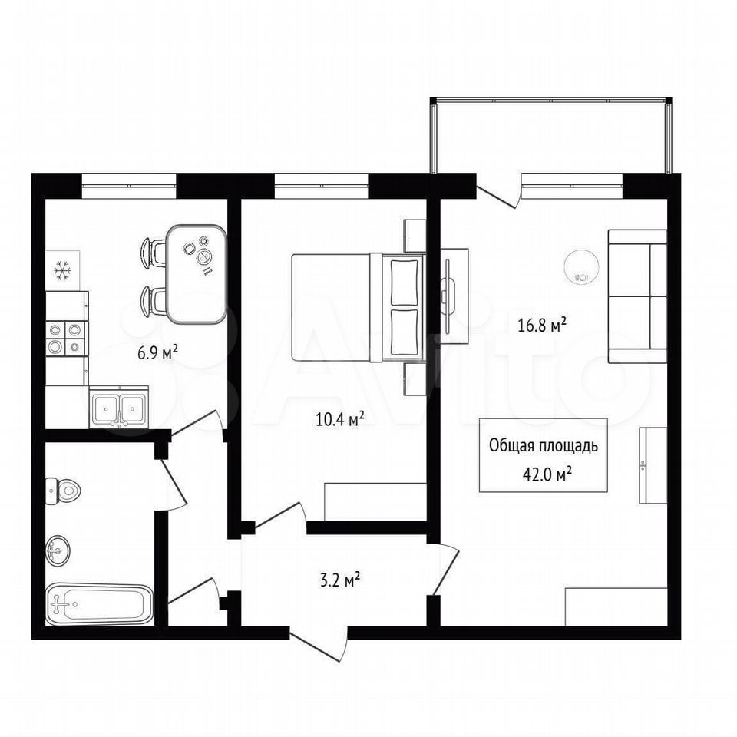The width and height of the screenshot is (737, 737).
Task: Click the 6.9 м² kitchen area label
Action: point(158,352)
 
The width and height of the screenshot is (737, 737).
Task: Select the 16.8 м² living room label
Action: point(541,326)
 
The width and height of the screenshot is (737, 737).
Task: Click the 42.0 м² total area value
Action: point(547,474)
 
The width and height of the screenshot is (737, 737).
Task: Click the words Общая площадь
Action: point(544,445)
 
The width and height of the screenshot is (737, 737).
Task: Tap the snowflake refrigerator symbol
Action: point(61,271)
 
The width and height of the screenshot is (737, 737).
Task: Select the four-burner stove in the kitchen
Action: point(67,339)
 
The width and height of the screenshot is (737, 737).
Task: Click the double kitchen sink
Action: point(119,407)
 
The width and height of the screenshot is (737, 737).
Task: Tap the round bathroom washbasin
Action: point(58,550)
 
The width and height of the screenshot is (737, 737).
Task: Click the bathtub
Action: point(100,604)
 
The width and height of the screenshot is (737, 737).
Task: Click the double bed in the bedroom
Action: point(359,308)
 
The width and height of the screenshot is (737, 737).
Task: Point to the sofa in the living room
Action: point(637,296)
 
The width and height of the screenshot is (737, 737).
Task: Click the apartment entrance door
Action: point(319,644)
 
